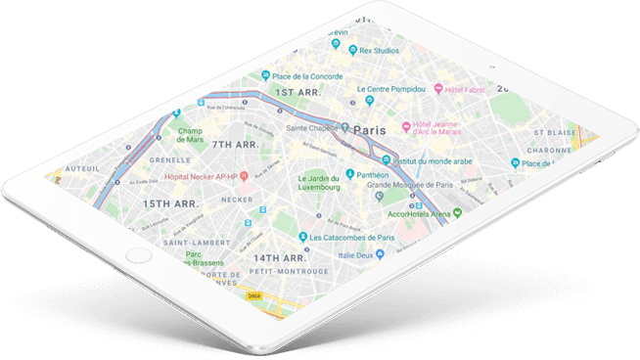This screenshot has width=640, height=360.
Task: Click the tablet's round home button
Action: click(x=139, y=255)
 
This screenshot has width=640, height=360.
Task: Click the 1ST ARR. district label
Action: click(x=298, y=93)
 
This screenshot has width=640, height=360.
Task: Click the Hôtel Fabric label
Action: click(x=466, y=88)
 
